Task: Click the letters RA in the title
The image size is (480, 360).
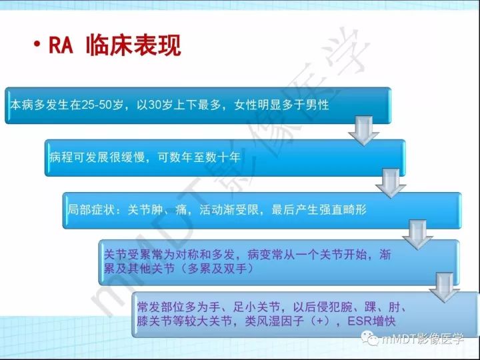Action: (x=62, y=45)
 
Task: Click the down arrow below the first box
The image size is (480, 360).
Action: (x=363, y=129)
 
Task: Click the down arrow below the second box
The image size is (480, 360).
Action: (x=391, y=181)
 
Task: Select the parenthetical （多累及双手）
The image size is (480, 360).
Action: (x=207, y=269)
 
